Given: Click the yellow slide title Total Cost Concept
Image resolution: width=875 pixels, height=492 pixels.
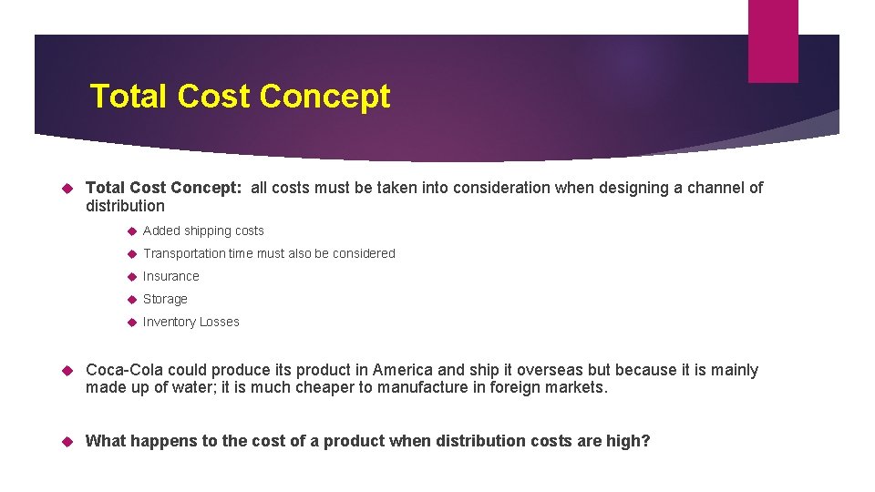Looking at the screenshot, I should click(240, 96).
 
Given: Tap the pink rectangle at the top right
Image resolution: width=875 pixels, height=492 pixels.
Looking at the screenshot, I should click(772, 41).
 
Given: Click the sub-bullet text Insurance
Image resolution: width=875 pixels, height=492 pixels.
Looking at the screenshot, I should click(170, 276).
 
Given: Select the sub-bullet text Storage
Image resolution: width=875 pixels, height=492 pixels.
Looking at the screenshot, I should click(165, 299).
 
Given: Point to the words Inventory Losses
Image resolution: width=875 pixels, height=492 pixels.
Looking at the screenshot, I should click(190, 322).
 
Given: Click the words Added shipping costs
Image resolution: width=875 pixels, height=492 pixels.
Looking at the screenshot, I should click(203, 231).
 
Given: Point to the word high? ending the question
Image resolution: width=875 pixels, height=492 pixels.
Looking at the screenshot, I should click(628, 441).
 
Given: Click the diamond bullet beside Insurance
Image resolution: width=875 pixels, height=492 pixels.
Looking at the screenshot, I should click(131, 276).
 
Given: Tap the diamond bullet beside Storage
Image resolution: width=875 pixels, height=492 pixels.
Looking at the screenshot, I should click(131, 299).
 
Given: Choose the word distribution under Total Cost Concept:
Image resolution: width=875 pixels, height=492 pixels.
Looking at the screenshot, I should click(125, 206).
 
